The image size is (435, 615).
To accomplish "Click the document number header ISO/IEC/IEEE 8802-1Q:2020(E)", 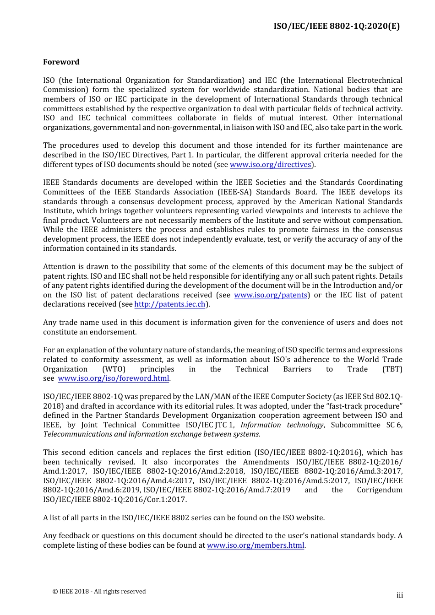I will [x=337, y=26].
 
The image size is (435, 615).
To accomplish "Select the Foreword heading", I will [x=61, y=62].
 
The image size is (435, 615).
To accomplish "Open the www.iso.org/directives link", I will [x=271, y=164].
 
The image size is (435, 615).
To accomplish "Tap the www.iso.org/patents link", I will [x=271, y=295].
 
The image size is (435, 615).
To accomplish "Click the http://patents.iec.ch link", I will [x=170, y=304].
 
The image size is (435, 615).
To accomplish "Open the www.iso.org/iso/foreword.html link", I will [x=114, y=378].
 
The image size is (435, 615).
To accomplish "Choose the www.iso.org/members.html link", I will [x=256, y=545].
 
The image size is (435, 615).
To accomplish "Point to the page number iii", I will [x=400, y=595].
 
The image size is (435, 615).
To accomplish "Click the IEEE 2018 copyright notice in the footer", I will [x=99, y=591].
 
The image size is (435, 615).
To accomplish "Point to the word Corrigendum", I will [x=380, y=490].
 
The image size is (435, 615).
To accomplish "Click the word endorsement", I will [x=114, y=332].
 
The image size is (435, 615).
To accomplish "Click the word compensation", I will [x=379, y=221].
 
